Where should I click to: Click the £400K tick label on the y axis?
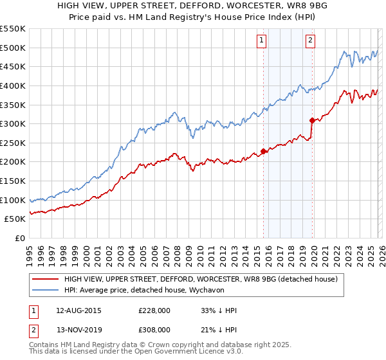[x=13, y=85]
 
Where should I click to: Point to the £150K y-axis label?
[x=13, y=181]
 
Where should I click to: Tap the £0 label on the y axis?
[x=19, y=238]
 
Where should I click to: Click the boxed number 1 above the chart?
[x=262, y=40]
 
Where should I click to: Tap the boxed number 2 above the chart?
[x=310, y=40]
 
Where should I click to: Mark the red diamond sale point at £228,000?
[x=264, y=152]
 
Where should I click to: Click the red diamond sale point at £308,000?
[x=312, y=120]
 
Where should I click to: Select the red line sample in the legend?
[x=44, y=279]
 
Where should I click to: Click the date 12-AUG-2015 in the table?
[x=78, y=310]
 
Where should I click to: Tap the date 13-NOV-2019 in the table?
[x=78, y=329]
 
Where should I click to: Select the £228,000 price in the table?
[x=154, y=310]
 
